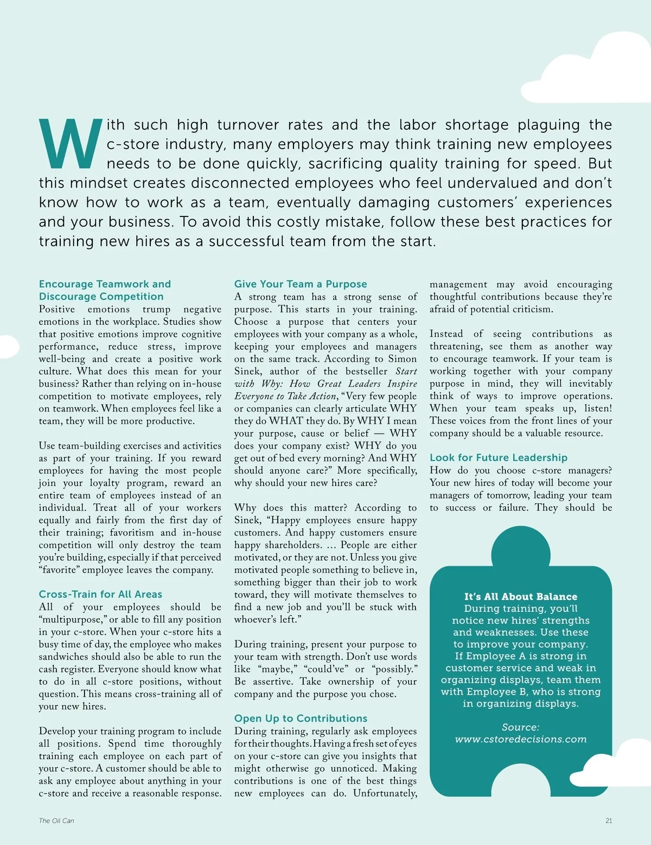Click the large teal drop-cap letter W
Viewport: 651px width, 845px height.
(71, 144)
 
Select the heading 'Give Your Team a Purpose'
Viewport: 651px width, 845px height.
(301, 284)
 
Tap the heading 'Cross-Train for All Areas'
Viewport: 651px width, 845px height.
(100, 594)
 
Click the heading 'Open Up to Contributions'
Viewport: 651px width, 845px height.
(301, 719)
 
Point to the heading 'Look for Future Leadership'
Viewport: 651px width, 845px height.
(499, 458)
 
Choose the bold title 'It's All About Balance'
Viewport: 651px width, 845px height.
(521, 597)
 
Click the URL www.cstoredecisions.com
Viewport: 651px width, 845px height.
(521, 739)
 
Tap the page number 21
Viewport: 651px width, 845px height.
(609, 821)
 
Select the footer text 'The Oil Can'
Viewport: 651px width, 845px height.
(56, 821)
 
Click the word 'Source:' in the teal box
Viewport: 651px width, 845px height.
(521, 727)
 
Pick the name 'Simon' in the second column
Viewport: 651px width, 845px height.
(402, 359)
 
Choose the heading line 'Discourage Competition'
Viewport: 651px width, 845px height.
(101, 297)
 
